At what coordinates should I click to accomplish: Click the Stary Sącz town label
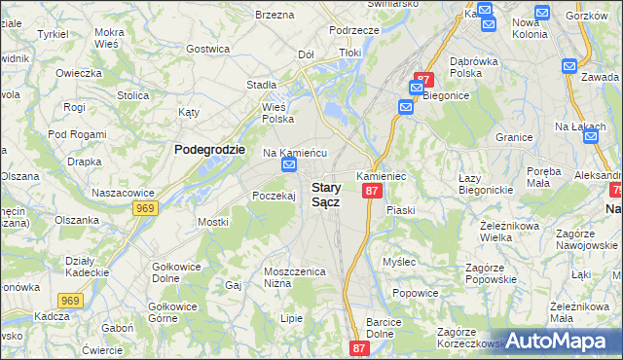(325, 195)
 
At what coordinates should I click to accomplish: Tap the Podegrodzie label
(209, 149)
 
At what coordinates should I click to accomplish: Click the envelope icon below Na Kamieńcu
(289, 166)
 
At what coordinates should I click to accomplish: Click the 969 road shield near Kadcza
(68, 302)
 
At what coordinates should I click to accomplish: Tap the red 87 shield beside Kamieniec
(371, 192)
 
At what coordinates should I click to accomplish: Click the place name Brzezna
(274, 15)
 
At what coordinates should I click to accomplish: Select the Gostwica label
(207, 48)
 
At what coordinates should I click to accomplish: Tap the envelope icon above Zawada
(570, 65)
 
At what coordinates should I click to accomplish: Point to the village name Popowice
(414, 292)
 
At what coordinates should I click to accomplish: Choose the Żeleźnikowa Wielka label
(509, 230)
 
